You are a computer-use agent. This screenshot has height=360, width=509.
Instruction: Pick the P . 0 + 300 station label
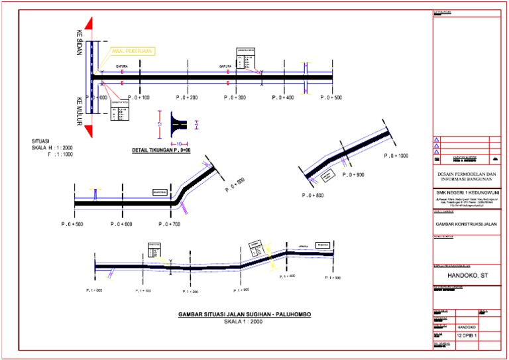[235, 97]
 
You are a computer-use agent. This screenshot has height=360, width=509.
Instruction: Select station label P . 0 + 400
[283, 97]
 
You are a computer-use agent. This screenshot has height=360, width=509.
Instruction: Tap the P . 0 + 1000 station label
[397, 156]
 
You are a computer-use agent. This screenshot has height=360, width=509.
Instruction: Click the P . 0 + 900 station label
[354, 175]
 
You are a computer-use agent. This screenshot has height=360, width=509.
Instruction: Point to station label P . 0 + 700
[170, 224]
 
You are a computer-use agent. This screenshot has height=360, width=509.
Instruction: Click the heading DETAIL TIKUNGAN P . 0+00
[162, 151]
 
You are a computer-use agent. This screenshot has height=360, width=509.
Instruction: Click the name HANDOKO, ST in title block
[468, 274]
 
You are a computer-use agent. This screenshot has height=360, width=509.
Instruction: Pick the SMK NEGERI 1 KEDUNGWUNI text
[468, 193]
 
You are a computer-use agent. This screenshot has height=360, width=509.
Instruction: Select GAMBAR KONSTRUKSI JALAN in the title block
[468, 224]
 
